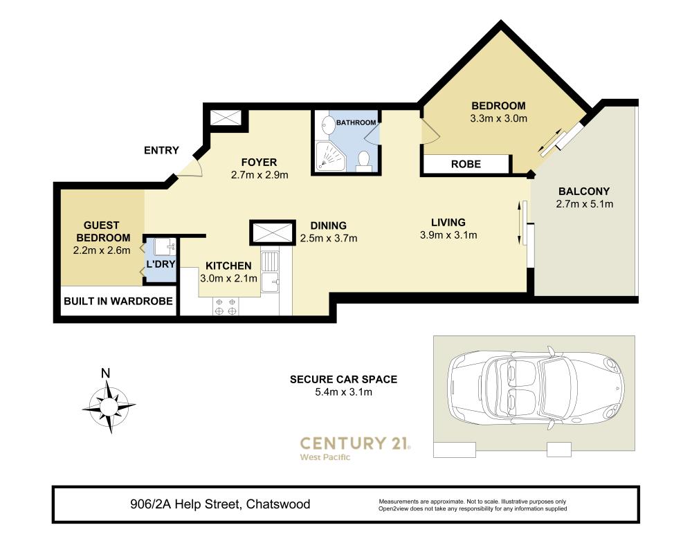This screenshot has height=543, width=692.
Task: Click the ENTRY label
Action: coord(161,150)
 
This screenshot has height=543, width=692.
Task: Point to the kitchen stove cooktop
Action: coord(226,306)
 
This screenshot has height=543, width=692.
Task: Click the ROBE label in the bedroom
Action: coord(466,164)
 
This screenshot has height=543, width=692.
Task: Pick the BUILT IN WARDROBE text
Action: coord(118,302)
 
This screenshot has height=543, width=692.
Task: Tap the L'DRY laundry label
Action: coord(161,264)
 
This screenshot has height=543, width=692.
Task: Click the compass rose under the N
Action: coord(109,405)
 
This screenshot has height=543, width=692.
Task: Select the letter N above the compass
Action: coord(105,374)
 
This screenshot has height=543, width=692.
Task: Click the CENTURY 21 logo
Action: coord(355,448)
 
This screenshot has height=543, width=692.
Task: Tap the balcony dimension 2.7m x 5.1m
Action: coord(584,204)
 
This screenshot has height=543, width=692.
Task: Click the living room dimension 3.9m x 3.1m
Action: coord(448,236)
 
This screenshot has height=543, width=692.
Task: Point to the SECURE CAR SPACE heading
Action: coord(343,379)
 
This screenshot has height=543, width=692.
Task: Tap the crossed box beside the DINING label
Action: coord(272,232)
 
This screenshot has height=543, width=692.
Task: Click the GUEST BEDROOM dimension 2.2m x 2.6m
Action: coord(102,251)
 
